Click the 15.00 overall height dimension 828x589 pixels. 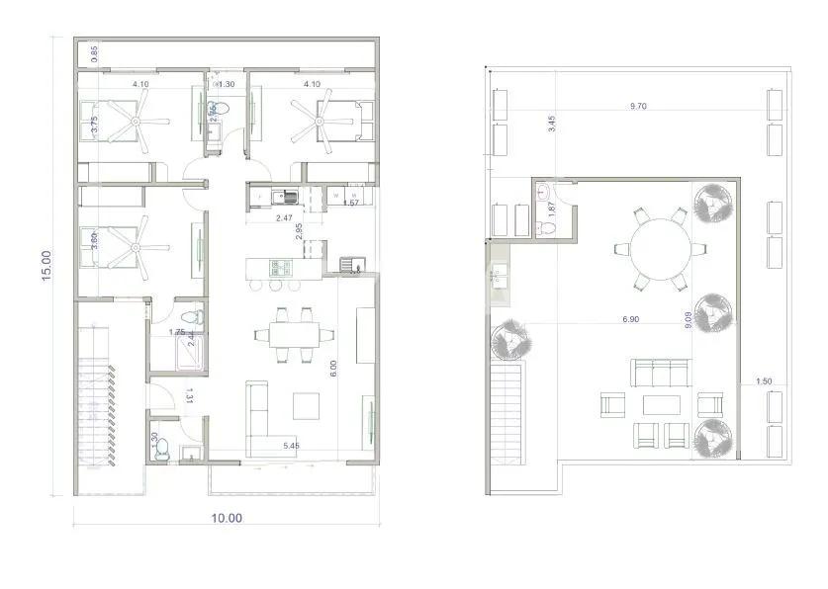click(46, 265)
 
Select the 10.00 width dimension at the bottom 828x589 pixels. click(228, 517)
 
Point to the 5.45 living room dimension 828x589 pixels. click(291, 447)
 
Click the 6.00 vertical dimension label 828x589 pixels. click(334, 369)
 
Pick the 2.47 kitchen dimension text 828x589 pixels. click(285, 217)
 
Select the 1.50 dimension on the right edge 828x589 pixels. click(764, 381)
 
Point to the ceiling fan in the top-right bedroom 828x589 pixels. click(318, 123)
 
